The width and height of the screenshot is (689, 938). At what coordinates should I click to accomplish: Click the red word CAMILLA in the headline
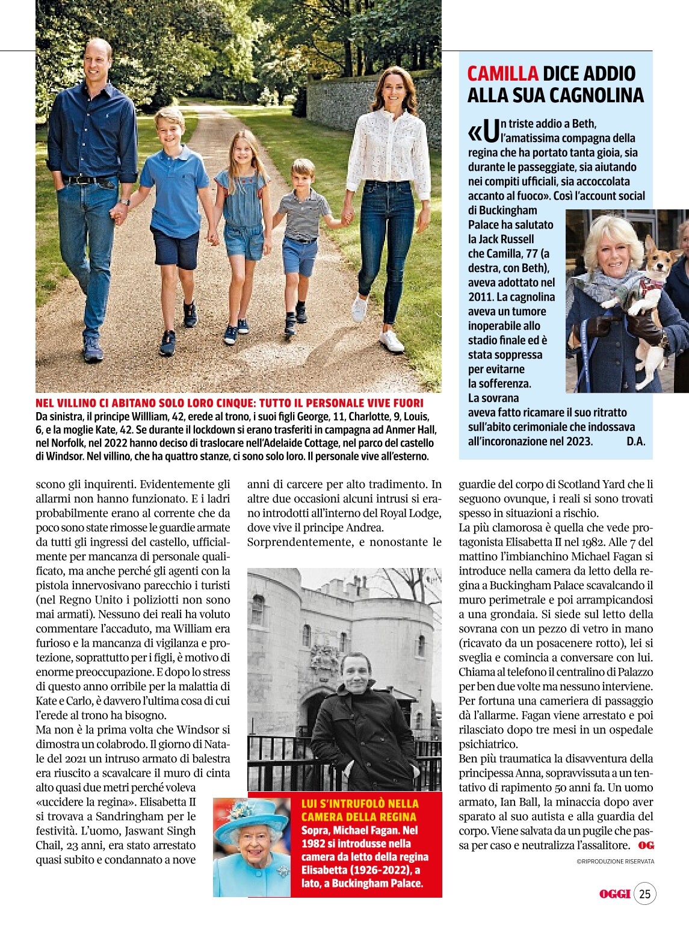502,73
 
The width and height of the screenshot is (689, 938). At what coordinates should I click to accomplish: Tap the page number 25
644,894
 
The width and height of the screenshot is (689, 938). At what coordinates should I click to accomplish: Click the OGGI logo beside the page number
614,894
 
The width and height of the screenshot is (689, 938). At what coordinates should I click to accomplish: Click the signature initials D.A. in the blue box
635,441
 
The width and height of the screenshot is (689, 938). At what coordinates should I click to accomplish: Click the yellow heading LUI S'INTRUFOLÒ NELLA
359,803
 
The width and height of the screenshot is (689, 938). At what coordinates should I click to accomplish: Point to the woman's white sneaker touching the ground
391,342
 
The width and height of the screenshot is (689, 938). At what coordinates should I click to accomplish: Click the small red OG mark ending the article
646,845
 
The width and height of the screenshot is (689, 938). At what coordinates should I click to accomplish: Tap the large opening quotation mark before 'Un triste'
475,131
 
